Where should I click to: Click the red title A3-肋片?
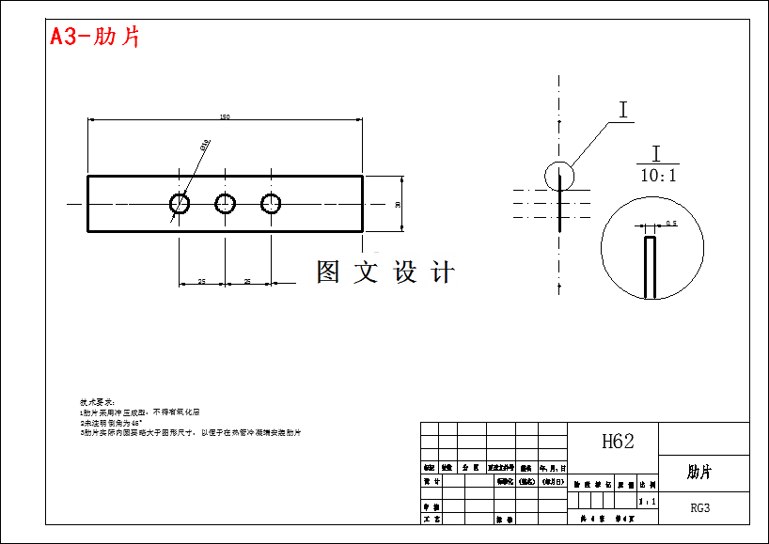[95, 38]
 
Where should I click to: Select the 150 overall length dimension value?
[225, 117]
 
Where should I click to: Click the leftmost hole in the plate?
[180, 203]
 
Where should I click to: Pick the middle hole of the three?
[226, 203]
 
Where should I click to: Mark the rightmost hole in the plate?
[272, 203]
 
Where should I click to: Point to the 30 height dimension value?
[399, 204]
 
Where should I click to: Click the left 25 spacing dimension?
[201, 281]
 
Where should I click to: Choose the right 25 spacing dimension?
[247, 281]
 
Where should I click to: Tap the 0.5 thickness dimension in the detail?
[671, 224]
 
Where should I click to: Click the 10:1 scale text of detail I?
[658, 176]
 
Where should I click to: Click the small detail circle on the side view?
[558, 175]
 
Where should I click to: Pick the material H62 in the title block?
[617, 442]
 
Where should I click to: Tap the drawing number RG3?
[700, 508]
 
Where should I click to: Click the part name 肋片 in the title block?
[699, 472]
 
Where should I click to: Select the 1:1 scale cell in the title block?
[647, 503]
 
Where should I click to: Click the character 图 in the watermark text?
[328, 272]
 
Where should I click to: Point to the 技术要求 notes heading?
[97, 402]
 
